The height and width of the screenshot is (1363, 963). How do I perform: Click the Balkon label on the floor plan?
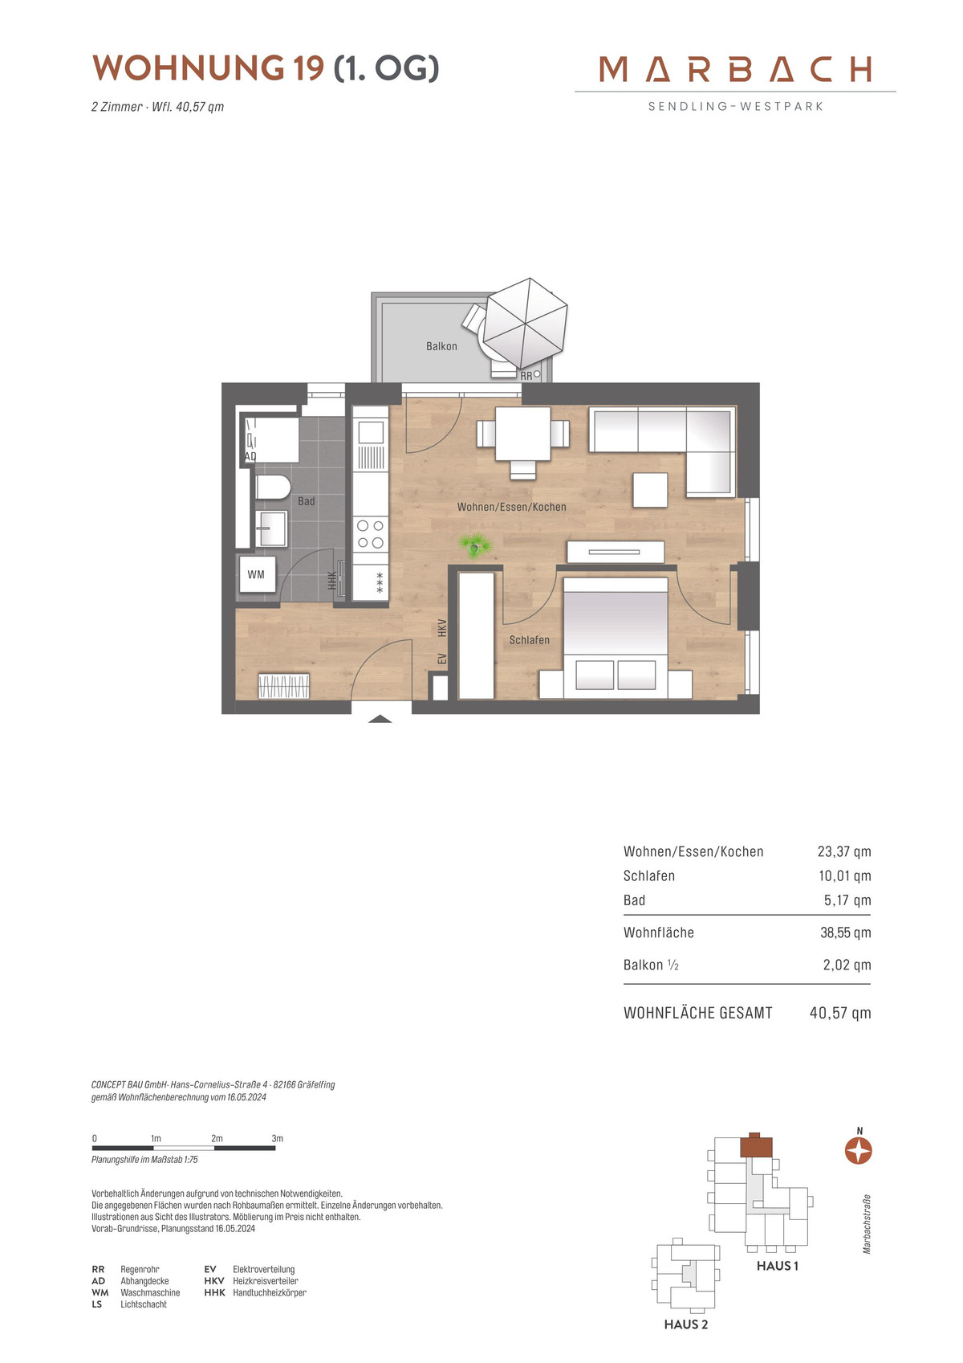tap(441, 346)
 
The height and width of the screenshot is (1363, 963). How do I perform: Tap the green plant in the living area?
tap(475, 545)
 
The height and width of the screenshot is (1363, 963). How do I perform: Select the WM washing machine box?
tap(257, 573)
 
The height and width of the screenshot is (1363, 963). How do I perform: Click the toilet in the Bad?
tap(271, 487)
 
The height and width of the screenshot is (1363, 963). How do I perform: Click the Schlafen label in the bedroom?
tap(529, 640)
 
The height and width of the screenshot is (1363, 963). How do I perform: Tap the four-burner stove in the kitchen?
tap(370, 533)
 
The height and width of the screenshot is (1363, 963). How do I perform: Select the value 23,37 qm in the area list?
tap(844, 851)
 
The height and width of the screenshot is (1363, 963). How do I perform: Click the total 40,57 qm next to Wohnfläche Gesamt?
tap(840, 1013)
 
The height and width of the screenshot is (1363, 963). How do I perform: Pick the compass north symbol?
tap(859, 1151)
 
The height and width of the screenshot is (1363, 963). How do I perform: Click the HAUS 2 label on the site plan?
tap(686, 1324)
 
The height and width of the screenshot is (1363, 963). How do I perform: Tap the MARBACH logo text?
tap(735, 69)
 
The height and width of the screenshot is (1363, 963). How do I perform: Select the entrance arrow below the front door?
tap(380, 719)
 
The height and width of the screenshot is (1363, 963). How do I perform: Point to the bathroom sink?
tap(270, 528)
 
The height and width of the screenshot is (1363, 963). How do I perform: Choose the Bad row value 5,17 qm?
tap(847, 900)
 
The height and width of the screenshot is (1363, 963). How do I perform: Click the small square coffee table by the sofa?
tap(650, 490)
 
